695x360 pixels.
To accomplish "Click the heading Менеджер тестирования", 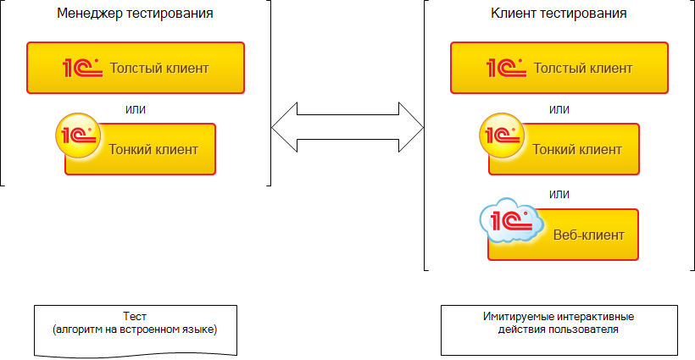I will pyautogui.click(x=135, y=14).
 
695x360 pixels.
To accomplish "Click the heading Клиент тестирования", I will pyautogui.click(x=559, y=14).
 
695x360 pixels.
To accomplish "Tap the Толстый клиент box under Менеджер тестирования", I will pyautogui.click(x=136, y=68).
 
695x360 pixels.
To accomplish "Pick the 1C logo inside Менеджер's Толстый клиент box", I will pyautogui.click(x=82, y=68).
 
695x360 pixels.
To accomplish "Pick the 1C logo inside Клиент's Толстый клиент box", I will pyautogui.click(x=506, y=68).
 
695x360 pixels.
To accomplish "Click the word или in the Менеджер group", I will pyautogui.click(x=135, y=109).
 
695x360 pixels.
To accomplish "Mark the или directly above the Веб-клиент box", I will pyautogui.click(x=559, y=194).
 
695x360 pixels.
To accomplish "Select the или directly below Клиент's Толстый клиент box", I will pyautogui.click(x=559, y=109).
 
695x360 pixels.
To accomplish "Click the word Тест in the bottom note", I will pyautogui.click(x=135, y=316).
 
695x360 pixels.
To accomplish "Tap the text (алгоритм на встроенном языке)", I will pyautogui.click(x=135, y=329).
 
